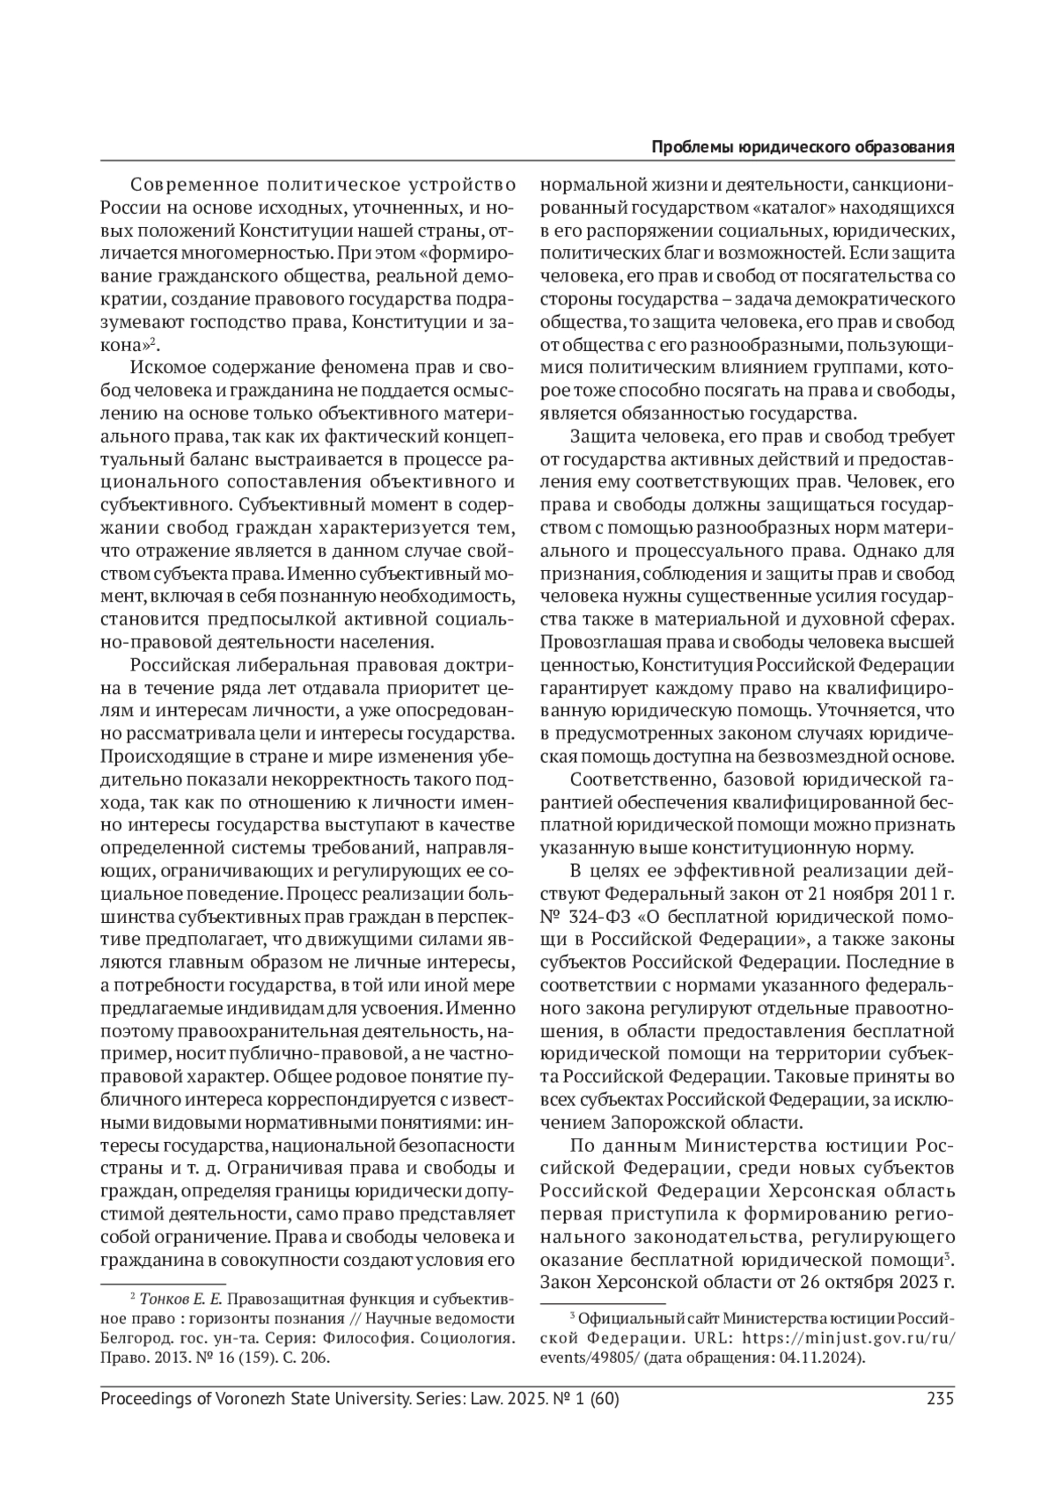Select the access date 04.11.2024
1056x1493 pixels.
tap(825, 1358)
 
